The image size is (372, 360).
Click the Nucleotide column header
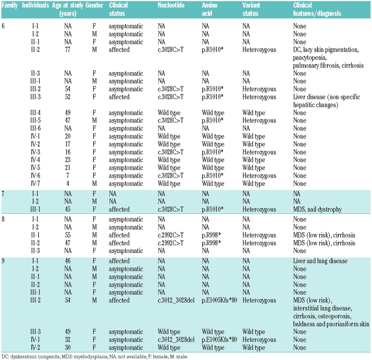[x=171, y=6]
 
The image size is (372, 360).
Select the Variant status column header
[x=251, y=9]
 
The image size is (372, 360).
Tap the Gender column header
[x=94, y=6]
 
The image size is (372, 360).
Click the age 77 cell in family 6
[x=68, y=50]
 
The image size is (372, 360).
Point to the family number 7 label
[x=3, y=194]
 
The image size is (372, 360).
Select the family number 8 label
[x=3, y=219]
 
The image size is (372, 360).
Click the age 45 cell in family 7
[x=68, y=209]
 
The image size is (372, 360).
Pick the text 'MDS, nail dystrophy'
[x=317, y=209]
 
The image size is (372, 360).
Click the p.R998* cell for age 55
[x=211, y=235]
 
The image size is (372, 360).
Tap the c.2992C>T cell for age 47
[x=171, y=243]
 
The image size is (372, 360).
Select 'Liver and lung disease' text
[x=320, y=261]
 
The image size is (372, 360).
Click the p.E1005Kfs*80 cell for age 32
[x=219, y=339]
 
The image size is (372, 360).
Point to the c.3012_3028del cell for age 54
[x=176, y=300]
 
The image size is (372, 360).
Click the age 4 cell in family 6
[x=68, y=184]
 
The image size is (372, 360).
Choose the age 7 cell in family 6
[x=68, y=175]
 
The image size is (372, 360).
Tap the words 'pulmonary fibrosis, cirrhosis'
[x=328, y=65]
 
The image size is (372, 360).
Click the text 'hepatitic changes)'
[x=316, y=105]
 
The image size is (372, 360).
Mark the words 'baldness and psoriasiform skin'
[x=331, y=324]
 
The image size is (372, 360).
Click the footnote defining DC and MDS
[x=95, y=357]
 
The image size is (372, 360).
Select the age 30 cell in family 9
[x=68, y=348]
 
